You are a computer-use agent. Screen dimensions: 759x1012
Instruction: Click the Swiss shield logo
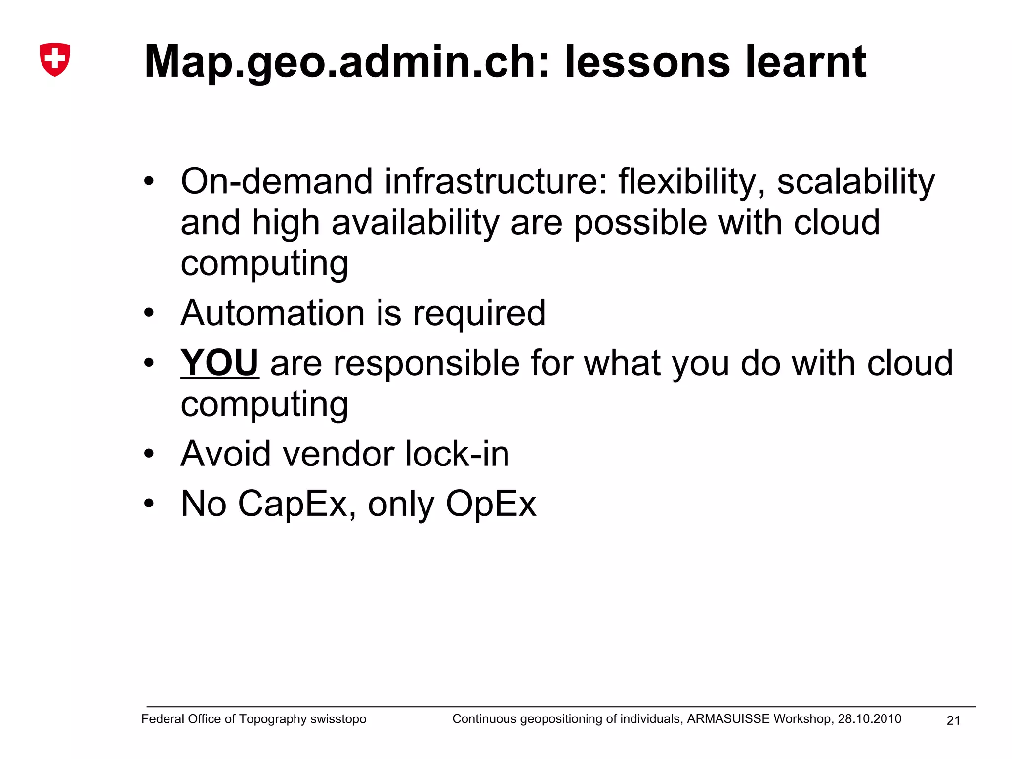(x=55, y=60)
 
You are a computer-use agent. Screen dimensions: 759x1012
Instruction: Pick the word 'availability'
(x=415, y=223)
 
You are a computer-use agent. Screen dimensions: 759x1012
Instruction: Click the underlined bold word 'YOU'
(x=219, y=363)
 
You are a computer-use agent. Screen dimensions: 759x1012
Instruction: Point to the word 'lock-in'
(x=457, y=454)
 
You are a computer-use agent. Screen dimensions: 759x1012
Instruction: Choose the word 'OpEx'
(x=491, y=505)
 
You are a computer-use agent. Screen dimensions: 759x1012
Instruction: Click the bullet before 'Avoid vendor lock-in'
(x=149, y=454)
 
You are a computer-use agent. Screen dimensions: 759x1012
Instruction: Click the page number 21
(x=953, y=721)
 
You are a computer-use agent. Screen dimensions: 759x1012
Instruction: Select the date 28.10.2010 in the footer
(x=869, y=719)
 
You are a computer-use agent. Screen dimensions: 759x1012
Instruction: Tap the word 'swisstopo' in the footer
(x=338, y=719)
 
